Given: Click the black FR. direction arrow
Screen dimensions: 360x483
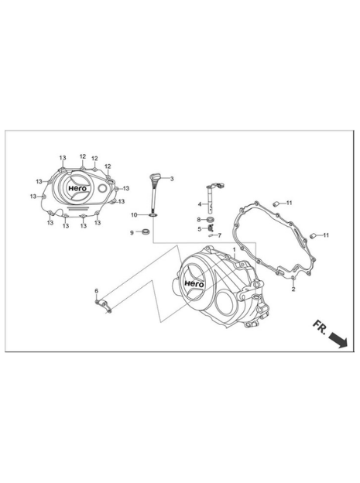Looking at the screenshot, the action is tap(338, 340).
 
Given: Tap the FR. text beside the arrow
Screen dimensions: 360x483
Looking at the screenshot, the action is tap(320, 327).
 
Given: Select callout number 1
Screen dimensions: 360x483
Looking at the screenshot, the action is tap(235, 249).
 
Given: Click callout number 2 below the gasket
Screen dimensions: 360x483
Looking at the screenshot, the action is tap(293, 289).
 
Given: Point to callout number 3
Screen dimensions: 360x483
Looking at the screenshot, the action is tap(172, 179).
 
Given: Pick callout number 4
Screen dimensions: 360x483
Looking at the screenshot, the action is tap(200, 204).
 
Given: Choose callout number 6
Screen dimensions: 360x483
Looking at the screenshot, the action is tap(97, 291).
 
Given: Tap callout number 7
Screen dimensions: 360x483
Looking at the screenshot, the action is tap(220, 235).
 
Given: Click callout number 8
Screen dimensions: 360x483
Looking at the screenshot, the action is tap(199, 219).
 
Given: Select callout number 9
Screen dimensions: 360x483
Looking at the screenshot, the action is tap(132, 233).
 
